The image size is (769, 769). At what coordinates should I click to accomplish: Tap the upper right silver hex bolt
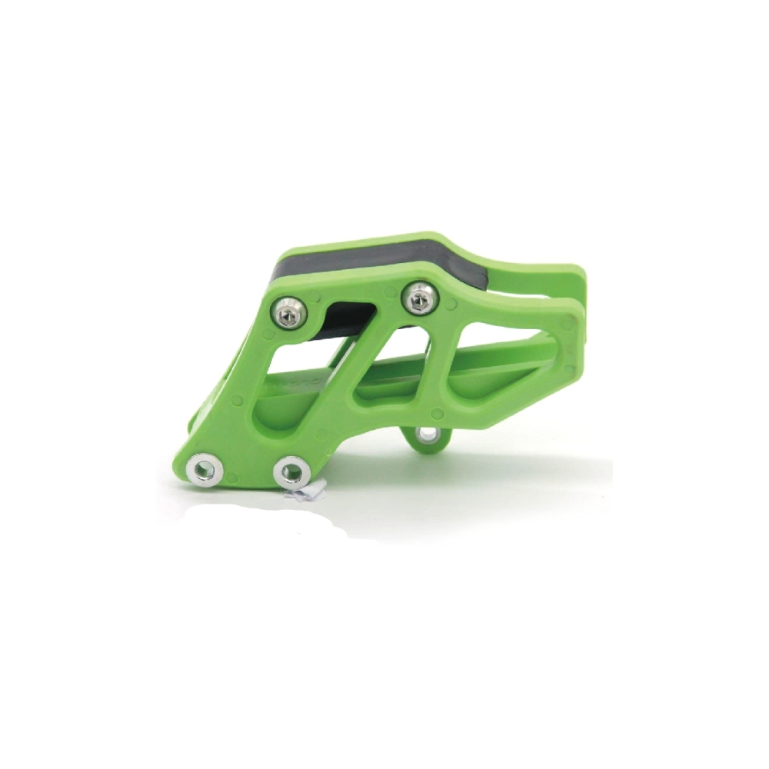[x=420, y=296]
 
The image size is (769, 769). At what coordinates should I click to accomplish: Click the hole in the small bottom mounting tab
[x=424, y=437]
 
